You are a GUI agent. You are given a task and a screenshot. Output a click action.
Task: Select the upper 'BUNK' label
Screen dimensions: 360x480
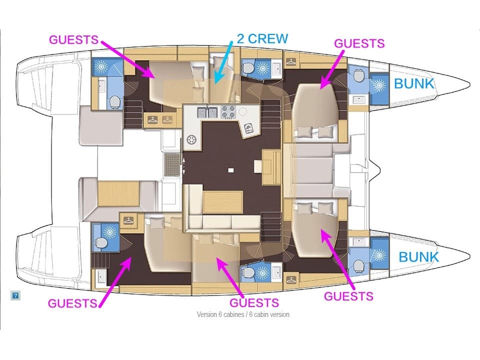[x=414, y=83]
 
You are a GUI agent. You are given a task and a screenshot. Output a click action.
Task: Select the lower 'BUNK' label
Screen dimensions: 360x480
[x=418, y=257]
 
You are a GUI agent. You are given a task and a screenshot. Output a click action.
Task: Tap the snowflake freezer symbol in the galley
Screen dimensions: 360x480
[x=191, y=139]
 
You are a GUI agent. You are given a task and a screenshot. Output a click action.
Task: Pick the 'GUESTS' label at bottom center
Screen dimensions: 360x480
[x=254, y=302]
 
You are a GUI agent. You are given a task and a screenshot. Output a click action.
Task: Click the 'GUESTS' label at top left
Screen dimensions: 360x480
[x=73, y=40]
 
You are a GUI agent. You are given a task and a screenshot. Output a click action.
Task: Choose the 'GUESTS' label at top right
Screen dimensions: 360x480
[x=359, y=43]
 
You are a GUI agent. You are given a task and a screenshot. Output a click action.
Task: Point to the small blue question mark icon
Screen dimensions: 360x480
[x=15, y=295]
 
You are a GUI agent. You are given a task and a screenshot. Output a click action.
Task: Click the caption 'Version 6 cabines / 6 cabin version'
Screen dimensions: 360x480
[x=243, y=314]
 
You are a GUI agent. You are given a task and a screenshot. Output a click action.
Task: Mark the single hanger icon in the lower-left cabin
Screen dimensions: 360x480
[x=129, y=220]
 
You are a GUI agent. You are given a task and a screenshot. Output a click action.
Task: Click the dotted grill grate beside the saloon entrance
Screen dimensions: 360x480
[x=172, y=162]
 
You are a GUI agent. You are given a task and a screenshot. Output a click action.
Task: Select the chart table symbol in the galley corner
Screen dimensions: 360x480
[x=248, y=130]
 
